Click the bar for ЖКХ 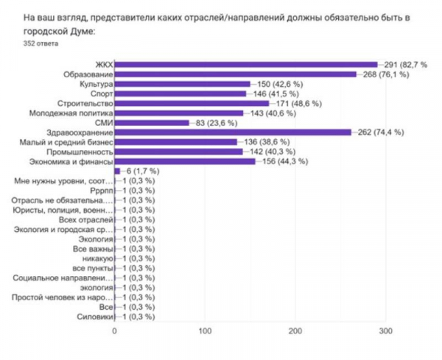tap(246, 65)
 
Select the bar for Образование tap(236, 74)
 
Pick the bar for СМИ tap(152, 123)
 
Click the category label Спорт tap(100, 94)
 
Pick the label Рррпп tap(99, 191)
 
